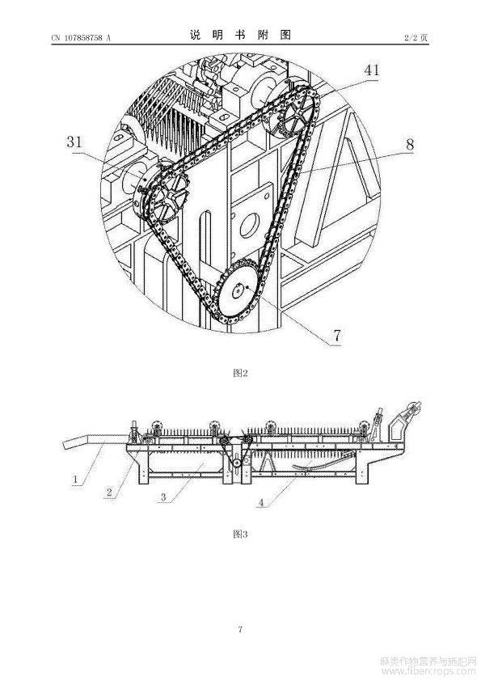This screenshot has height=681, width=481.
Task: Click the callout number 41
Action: [x=371, y=70]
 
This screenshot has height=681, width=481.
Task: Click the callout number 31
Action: [x=74, y=142]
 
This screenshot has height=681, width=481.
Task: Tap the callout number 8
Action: [x=410, y=144]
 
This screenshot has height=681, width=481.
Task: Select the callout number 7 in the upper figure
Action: [x=337, y=335]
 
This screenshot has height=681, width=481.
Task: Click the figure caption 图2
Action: [x=240, y=373]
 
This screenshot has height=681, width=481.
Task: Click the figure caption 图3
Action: [x=240, y=534]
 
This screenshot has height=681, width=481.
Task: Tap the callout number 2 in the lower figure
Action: [x=109, y=493]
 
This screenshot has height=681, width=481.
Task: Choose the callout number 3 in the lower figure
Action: [x=163, y=497]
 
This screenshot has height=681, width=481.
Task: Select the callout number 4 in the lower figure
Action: [x=261, y=502]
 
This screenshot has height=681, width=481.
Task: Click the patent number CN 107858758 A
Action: [x=81, y=38]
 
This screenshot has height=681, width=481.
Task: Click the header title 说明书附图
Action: [x=240, y=35]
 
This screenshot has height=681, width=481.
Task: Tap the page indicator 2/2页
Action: [x=416, y=38]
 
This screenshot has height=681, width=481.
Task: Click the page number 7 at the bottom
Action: [x=241, y=629]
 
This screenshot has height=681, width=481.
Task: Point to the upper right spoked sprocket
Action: [x=294, y=112]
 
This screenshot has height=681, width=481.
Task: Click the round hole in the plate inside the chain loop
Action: [x=250, y=226]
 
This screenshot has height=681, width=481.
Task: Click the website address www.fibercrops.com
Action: [x=428, y=672]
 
